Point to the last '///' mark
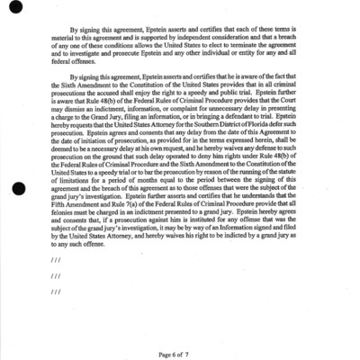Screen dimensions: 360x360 (57, 292)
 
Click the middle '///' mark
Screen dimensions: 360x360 (57, 275)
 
